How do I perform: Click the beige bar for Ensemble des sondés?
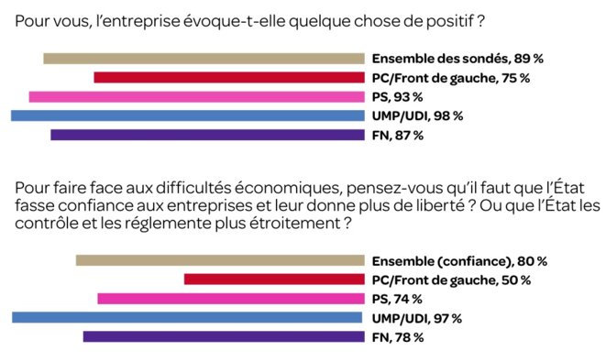(204, 59)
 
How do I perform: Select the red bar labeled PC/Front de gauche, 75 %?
(228, 78)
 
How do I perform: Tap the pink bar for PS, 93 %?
(196, 96)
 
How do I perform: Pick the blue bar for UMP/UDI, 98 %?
(187, 115)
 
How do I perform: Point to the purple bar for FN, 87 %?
(206, 135)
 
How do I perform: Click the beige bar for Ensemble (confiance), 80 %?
(219, 260)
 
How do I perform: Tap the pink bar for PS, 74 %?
(230, 298)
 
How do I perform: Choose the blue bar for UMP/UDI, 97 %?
(188, 317)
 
